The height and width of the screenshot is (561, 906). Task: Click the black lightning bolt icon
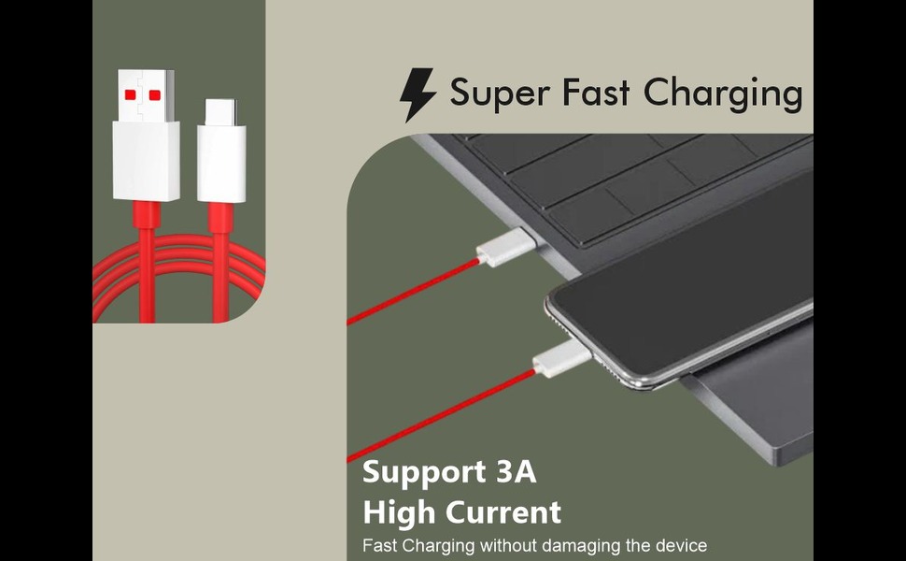[x=418, y=94]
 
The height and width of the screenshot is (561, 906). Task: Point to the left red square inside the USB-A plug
[x=130, y=94]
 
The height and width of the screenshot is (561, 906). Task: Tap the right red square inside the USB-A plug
[x=155, y=94]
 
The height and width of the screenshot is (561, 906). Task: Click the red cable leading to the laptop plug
[x=411, y=292]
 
